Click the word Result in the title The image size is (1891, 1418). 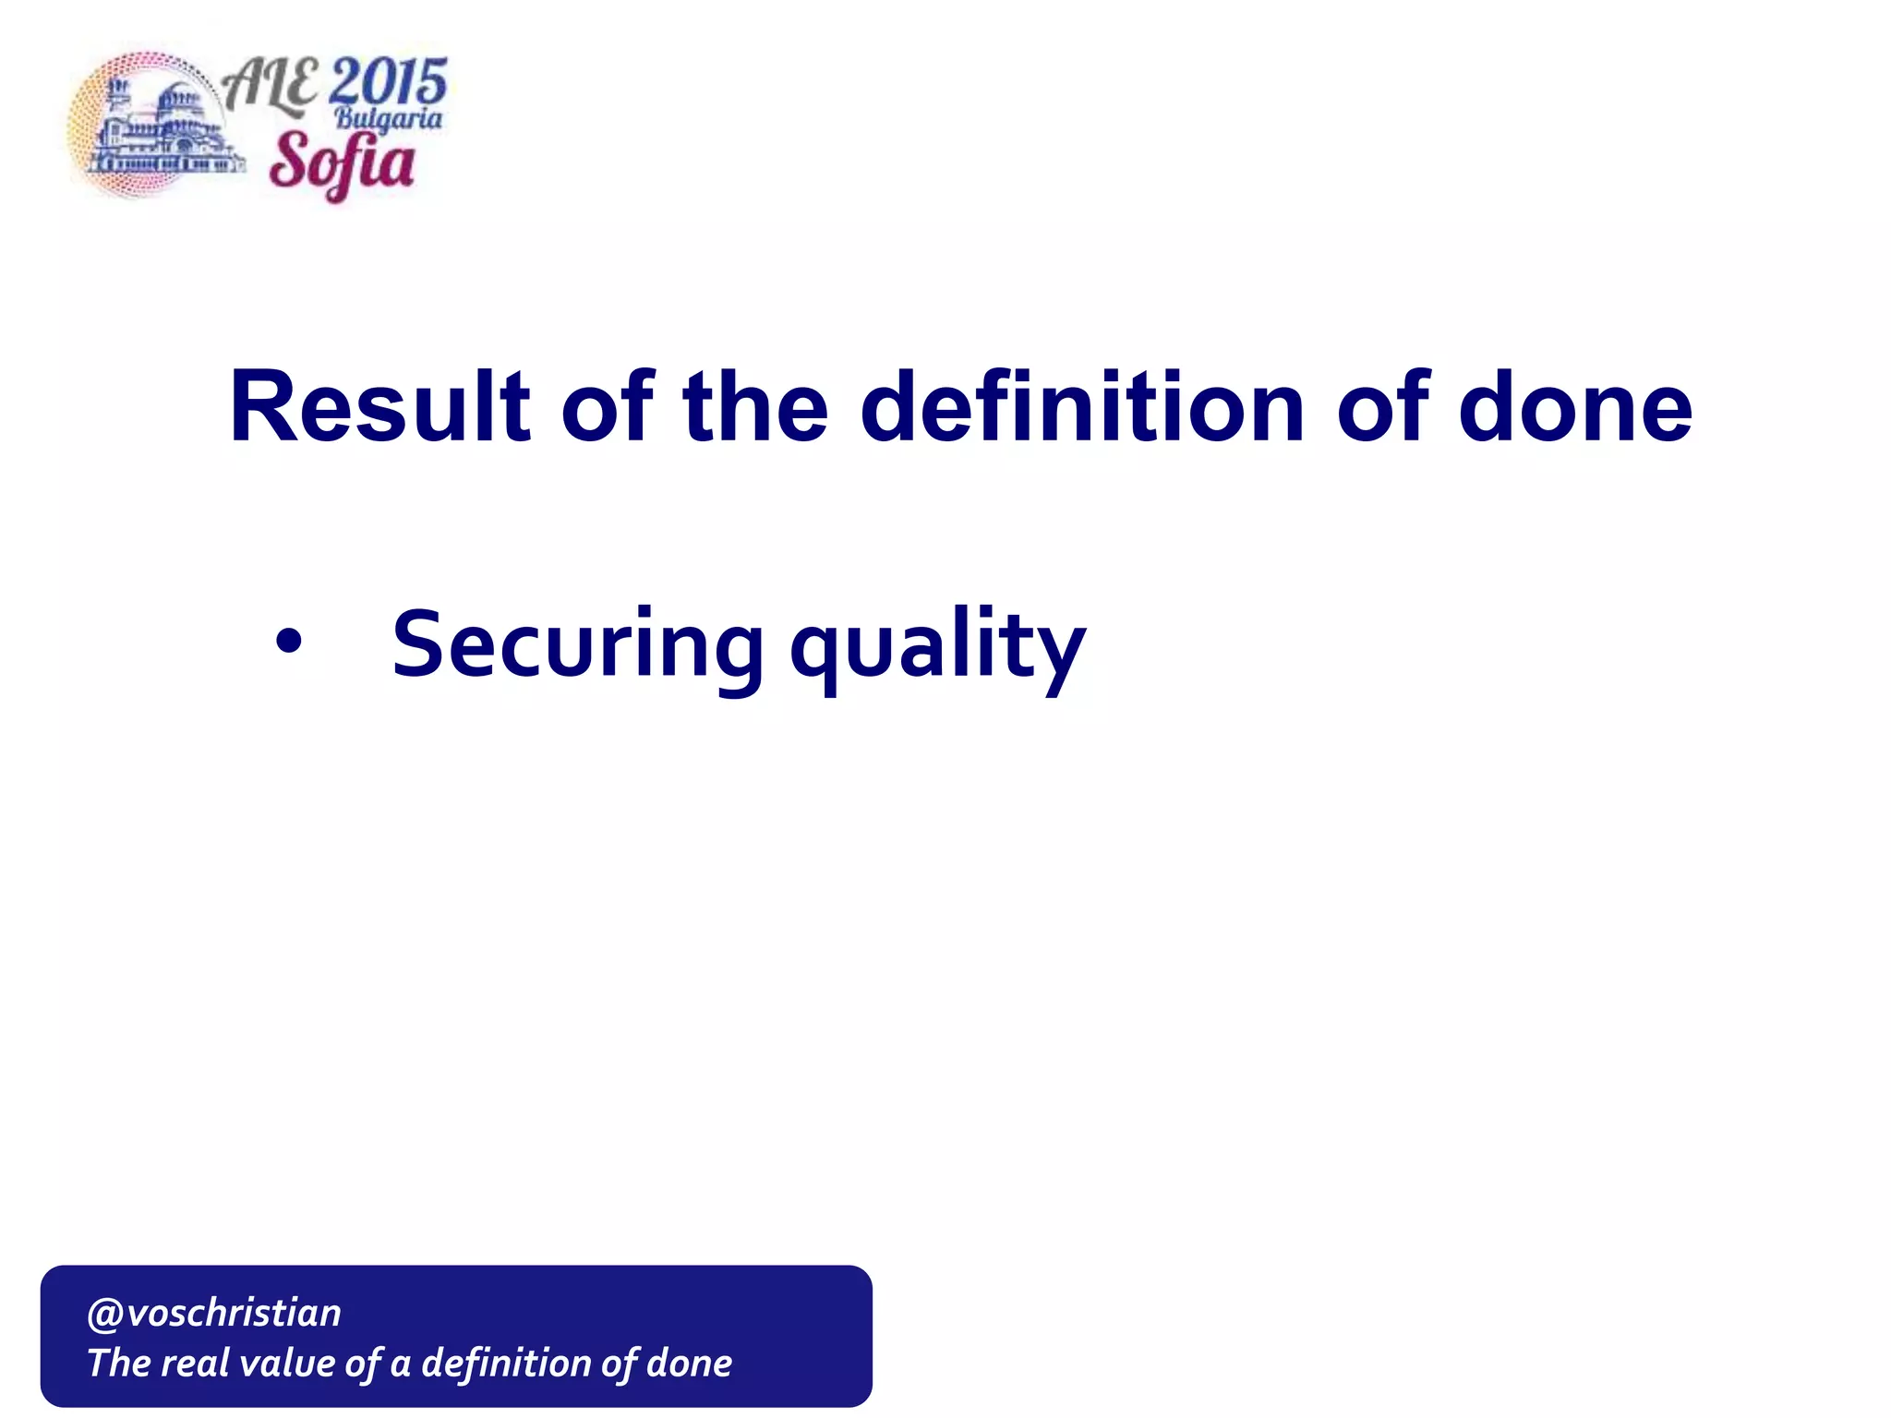[x=379, y=407]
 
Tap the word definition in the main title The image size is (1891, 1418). [x=1082, y=407]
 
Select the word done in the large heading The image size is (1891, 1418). [x=1575, y=407]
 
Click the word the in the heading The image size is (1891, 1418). [x=754, y=407]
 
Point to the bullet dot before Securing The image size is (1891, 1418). [x=288, y=643]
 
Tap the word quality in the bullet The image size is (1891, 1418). [x=937, y=646]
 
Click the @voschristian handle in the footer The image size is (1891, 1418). [x=214, y=1313]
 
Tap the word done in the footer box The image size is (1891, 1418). [x=690, y=1364]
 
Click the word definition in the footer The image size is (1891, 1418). [x=506, y=1364]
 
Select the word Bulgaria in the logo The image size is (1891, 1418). [x=388, y=118]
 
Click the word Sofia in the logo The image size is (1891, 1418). [x=342, y=162]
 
